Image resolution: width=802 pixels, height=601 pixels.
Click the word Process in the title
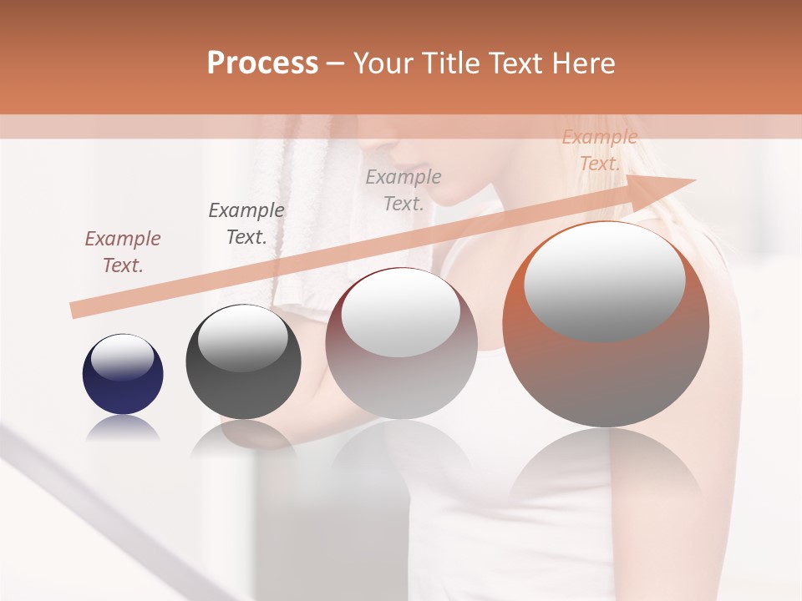[x=262, y=63]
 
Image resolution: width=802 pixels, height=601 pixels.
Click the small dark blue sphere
[x=123, y=374]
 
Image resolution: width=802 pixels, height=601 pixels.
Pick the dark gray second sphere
[x=243, y=361]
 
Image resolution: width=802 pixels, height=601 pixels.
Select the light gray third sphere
[x=401, y=343]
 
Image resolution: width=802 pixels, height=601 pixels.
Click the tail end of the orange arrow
[x=73, y=311]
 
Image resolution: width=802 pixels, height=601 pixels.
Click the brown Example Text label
[x=122, y=251]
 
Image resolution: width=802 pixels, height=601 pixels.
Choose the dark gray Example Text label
[x=246, y=223]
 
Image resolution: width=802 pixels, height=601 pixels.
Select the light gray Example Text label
[x=403, y=189]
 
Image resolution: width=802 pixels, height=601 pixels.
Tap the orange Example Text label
[x=599, y=150]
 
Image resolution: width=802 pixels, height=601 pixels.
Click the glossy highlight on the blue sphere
[x=122, y=357]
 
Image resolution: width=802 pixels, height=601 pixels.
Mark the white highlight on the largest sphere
[x=604, y=281]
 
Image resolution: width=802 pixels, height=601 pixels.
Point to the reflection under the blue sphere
[x=123, y=428]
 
